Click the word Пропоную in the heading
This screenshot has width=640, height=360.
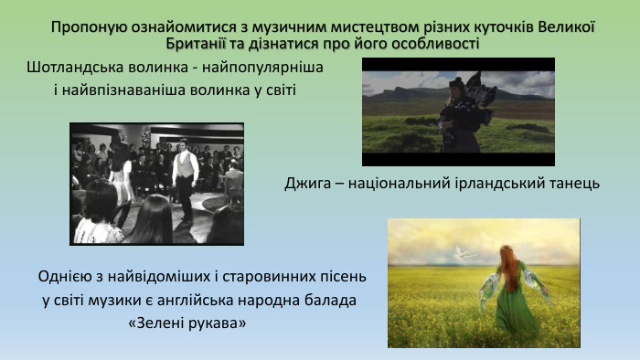click(x=82, y=27)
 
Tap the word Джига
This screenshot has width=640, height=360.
click(x=307, y=183)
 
